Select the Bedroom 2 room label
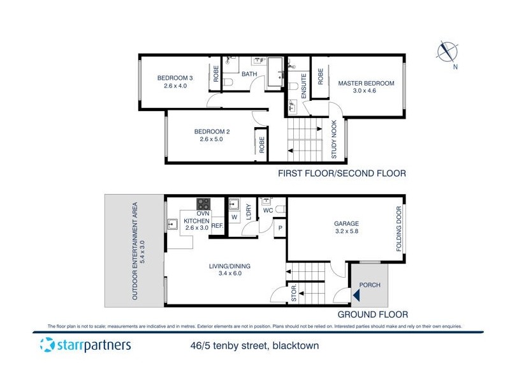(x=211, y=135)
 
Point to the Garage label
(x=347, y=227)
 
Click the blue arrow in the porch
(x=356, y=295)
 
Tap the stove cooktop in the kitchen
(x=204, y=205)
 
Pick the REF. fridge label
(x=217, y=226)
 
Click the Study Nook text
(x=334, y=139)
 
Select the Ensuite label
(x=304, y=86)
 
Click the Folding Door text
(x=398, y=229)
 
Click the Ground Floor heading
(x=372, y=314)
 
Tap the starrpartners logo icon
(x=46, y=346)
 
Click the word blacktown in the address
(x=293, y=347)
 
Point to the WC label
(x=268, y=209)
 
